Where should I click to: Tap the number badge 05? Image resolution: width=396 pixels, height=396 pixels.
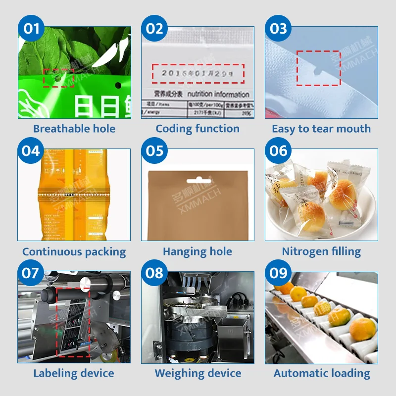click(154, 150)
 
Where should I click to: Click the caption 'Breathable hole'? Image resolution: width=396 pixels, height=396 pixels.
click(74, 129)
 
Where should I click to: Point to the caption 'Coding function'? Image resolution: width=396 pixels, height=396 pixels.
click(198, 129)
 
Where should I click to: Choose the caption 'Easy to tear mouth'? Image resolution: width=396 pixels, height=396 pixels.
click(321, 129)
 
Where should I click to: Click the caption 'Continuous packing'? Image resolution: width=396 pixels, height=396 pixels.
click(74, 251)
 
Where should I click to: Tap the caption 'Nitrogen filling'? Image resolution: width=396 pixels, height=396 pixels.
click(321, 251)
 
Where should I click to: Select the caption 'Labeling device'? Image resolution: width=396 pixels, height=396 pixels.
click(74, 373)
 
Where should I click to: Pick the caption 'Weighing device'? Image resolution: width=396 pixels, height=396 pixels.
click(198, 373)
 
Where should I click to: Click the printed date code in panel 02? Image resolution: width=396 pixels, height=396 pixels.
click(198, 73)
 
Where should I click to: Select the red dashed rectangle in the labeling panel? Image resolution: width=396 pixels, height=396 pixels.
click(73, 321)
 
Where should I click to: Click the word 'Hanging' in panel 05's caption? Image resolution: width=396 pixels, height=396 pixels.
click(182, 251)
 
